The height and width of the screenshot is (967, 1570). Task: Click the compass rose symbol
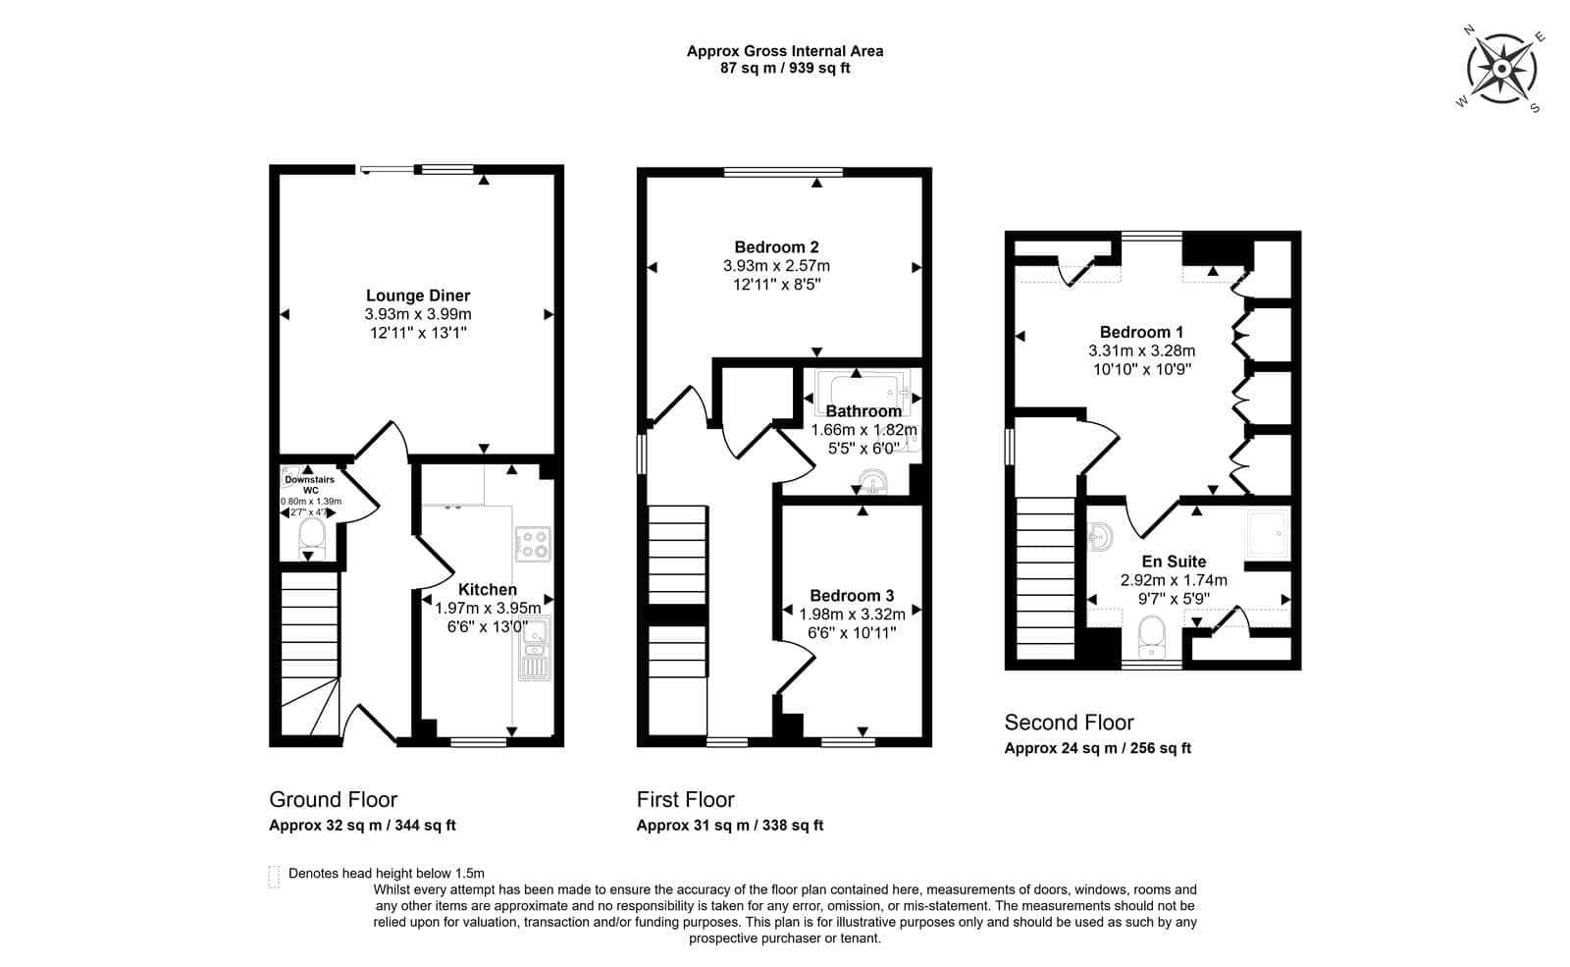click(x=1501, y=69)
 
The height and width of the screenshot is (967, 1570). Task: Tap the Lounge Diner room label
click(x=418, y=295)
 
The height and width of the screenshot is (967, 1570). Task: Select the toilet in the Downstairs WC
click(x=311, y=539)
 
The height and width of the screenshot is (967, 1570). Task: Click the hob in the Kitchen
click(x=533, y=544)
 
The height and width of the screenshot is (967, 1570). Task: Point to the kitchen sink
click(x=534, y=649)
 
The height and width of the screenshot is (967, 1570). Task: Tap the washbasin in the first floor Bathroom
click(x=872, y=483)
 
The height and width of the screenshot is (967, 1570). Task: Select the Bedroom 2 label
click(x=776, y=246)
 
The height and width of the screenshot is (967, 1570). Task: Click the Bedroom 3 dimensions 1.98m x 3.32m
click(x=853, y=615)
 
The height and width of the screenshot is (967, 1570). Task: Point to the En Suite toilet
click(x=1152, y=637)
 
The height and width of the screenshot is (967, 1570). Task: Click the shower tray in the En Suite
click(x=1268, y=534)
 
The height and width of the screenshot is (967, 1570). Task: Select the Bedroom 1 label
click(x=1142, y=332)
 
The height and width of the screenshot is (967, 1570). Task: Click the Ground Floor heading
click(x=333, y=799)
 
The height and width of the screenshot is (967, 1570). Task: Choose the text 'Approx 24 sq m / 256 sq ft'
click(x=1098, y=748)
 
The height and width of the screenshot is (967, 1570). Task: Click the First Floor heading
click(x=686, y=799)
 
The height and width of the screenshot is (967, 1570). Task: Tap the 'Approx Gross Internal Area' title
click(x=785, y=51)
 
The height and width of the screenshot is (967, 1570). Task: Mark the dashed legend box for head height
click(x=274, y=877)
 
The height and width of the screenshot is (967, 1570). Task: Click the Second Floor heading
click(x=1069, y=723)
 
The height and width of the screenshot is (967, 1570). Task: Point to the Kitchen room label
click(x=488, y=590)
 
